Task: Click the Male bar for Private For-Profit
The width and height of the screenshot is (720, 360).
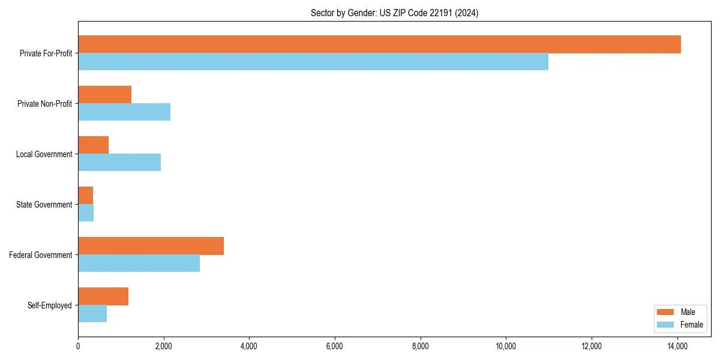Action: coord(379,44)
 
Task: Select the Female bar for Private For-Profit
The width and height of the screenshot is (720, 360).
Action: coord(313,62)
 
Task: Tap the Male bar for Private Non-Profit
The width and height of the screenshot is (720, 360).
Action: coord(104,95)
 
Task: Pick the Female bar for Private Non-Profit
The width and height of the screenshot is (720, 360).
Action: coord(124,112)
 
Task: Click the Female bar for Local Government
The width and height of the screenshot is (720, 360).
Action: coord(119,163)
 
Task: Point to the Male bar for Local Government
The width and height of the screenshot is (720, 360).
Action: coord(93,145)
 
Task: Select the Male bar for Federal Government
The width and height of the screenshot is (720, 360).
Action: coord(151,246)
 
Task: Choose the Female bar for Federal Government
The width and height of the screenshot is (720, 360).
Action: coord(139,263)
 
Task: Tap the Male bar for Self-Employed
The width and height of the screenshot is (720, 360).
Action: coord(103,296)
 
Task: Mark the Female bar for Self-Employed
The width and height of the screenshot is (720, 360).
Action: coord(92,314)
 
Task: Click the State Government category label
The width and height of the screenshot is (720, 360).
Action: coord(44,205)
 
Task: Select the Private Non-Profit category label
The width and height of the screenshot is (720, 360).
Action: coord(44,104)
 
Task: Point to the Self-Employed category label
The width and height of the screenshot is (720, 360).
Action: coord(49,305)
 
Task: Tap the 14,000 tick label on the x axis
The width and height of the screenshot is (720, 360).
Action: coord(677,346)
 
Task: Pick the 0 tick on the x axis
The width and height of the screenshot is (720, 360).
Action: coord(78,346)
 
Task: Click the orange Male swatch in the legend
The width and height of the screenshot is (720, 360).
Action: coord(666,312)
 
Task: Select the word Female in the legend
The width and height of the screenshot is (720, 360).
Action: coord(691,325)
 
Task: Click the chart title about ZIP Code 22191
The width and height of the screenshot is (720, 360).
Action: coord(394,13)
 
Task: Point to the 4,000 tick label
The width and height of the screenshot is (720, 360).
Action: coord(249,346)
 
